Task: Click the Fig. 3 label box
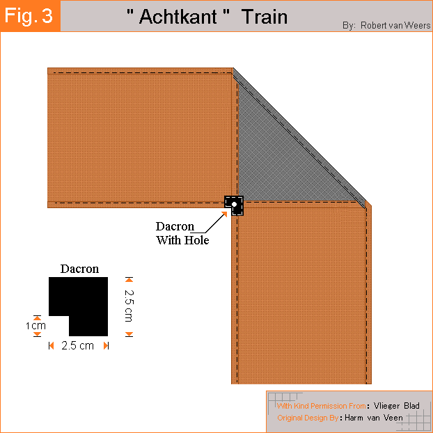click(x=30, y=16)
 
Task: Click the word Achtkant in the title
click(x=178, y=17)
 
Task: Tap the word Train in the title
click(x=265, y=17)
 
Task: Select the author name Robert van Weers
click(x=395, y=25)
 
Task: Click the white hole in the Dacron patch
click(x=234, y=205)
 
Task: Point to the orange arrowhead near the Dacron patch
click(x=224, y=214)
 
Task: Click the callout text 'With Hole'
click(x=182, y=240)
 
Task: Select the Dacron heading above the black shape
click(x=79, y=269)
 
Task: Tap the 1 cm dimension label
click(x=36, y=326)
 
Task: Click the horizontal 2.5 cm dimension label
click(x=77, y=346)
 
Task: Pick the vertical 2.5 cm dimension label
click(x=129, y=306)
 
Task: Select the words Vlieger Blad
click(x=397, y=406)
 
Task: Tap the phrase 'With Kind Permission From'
click(x=322, y=406)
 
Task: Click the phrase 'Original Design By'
click(x=308, y=418)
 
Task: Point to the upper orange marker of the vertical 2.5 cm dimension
click(x=129, y=280)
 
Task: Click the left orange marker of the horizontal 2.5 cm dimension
click(x=51, y=345)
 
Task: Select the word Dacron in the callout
click(x=175, y=226)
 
